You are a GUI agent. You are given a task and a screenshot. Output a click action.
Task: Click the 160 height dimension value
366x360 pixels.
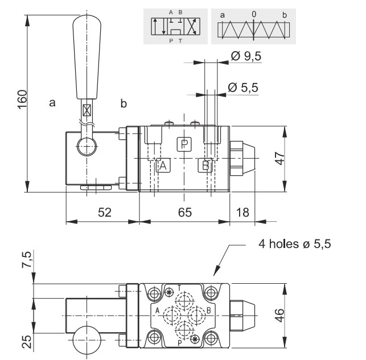pyautogui.click(x=23, y=100)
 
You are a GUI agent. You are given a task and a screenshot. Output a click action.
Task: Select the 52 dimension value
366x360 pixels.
pyautogui.click(x=105, y=212)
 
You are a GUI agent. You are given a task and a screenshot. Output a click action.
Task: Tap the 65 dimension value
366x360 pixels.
pyautogui.click(x=185, y=212)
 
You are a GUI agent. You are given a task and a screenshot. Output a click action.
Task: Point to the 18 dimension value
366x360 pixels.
pyautogui.click(x=242, y=212)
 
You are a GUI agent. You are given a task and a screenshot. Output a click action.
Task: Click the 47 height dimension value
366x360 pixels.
pyautogui.click(x=279, y=159)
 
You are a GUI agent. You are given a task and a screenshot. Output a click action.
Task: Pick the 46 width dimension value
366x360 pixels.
pyautogui.click(x=279, y=316)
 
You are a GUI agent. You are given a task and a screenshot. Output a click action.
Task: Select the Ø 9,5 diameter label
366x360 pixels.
pyautogui.click(x=246, y=56)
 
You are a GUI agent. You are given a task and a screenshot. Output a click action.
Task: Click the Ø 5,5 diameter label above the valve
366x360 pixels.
pyautogui.click(x=243, y=88)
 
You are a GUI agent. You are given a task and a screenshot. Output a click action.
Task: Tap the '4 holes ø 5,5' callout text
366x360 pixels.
pyautogui.click(x=295, y=244)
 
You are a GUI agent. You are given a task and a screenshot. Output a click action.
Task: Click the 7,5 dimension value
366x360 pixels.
pyautogui.click(x=27, y=259)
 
